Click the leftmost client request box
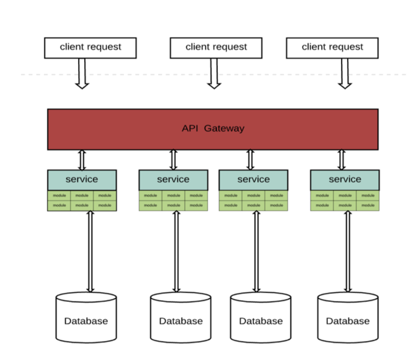click(90, 48)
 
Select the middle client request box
click(216, 48)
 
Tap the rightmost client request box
click(332, 48)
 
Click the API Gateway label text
click(213, 128)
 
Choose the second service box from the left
click(173, 180)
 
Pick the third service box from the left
click(253, 180)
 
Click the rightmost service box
click(345, 180)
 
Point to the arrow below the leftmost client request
click(82, 74)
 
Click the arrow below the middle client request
click(214, 74)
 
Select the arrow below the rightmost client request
click(345, 74)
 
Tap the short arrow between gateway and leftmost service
click(82, 160)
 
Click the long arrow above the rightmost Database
click(348, 252)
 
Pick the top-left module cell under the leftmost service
click(59, 196)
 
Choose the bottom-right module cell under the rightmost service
click(368, 206)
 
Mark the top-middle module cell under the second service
click(173, 196)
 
